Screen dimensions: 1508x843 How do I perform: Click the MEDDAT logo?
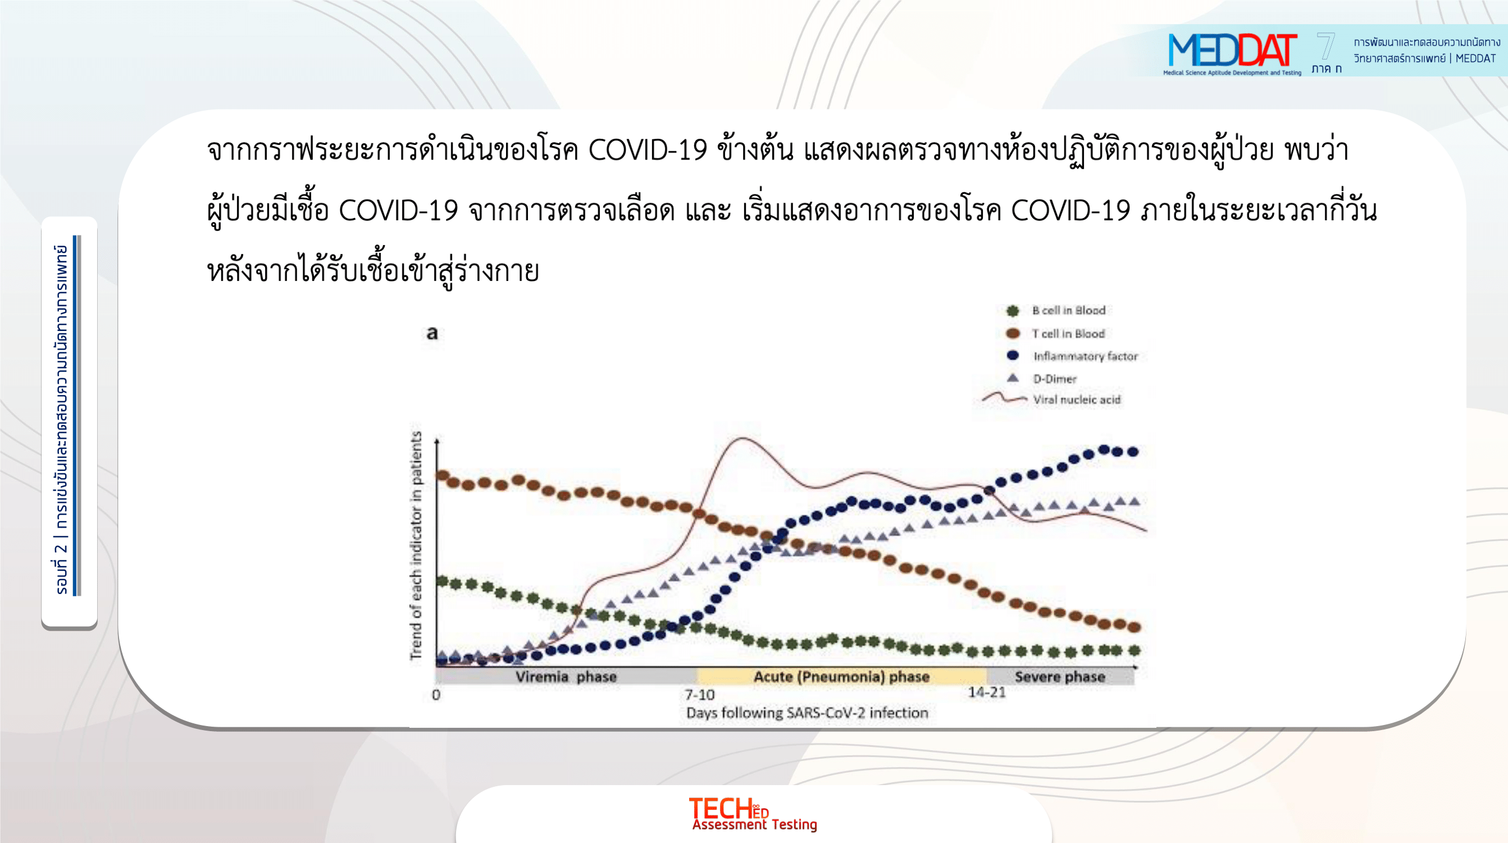[1232, 53]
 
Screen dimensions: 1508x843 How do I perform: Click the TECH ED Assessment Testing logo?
[753, 814]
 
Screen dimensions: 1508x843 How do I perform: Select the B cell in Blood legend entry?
[1056, 310]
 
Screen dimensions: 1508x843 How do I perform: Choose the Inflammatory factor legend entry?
[1072, 356]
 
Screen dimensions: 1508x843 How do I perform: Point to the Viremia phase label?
[566, 677]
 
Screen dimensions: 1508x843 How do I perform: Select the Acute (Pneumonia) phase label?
[841, 677]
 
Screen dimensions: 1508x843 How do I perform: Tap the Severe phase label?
[1060, 677]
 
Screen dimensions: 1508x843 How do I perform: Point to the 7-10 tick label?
[700, 695]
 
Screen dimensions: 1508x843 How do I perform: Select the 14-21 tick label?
[987, 692]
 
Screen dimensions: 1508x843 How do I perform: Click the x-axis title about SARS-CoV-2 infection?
[807, 713]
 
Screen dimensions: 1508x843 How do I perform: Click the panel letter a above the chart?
[432, 333]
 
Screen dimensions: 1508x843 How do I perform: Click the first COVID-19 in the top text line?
[648, 150]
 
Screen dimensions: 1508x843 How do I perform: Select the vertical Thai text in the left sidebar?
[61, 419]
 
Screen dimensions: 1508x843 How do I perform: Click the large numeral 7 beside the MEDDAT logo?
[1325, 47]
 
